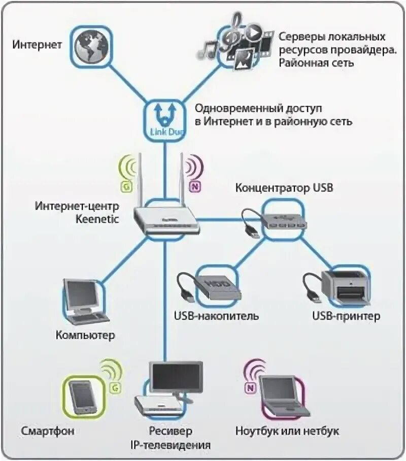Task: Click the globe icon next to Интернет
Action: click(x=89, y=45)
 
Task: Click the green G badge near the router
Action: click(x=125, y=186)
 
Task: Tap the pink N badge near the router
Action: click(x=194, y=186)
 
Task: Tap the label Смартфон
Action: click(x=48, y=432)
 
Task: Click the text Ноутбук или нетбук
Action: click(x=288, y=432)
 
